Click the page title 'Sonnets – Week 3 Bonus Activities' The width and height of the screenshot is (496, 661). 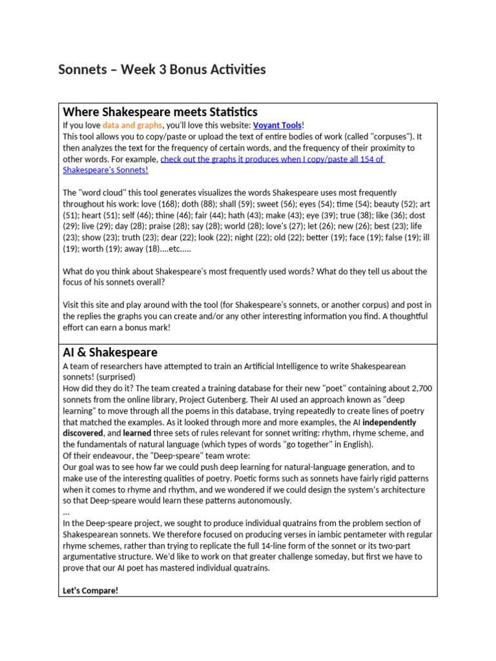pyautogui.click(x=162, y=70)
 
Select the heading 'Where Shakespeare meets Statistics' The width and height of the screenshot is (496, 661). pyautogui.click(x=160, y=112)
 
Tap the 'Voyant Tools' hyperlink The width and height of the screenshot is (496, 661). pyautogui.click(x=277, y=125)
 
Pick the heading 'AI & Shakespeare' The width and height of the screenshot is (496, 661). pyautogui.click(x=110, y=352)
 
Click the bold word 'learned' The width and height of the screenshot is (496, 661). pyautogui.click(x=137, y=434)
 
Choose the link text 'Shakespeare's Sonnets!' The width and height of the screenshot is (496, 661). pyautogui.click(x=105, y=170)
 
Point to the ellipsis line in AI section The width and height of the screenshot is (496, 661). pyautogui.click(x=66, y=511)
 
